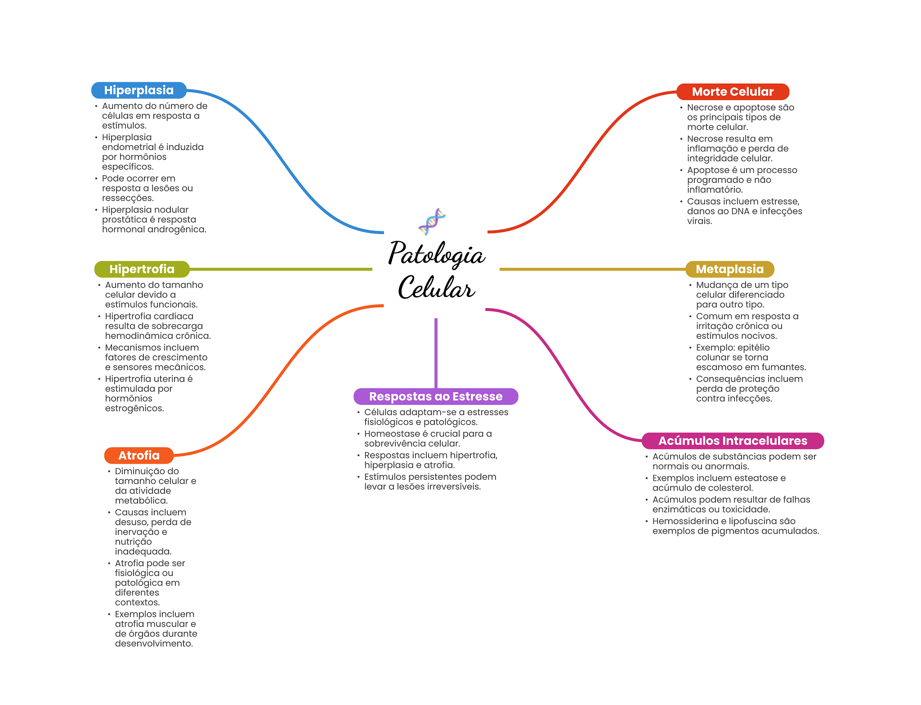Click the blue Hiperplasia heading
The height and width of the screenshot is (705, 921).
click(139, 90)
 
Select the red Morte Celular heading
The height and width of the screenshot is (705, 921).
click(732, 92)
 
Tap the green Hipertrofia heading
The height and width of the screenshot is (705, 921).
click(142, 269)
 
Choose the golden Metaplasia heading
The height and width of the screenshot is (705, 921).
click(729, 269)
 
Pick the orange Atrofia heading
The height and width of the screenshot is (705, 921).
click(139, 456)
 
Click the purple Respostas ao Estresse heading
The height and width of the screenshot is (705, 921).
click(435, 396)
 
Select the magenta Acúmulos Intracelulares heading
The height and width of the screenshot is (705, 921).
click(732, 441)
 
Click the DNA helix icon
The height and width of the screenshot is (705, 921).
click(432, 221)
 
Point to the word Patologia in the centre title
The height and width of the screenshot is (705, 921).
click(436, 254)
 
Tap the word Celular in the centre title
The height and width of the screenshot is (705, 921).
click(436, 288)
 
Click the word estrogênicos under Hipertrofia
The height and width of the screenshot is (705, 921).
click(134, 408)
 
